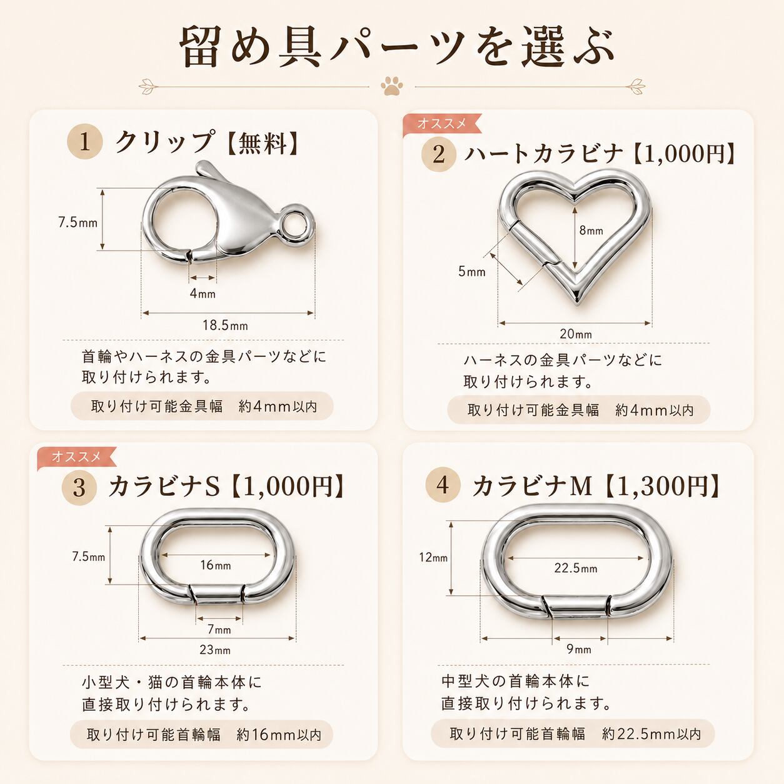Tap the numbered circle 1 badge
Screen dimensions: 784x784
coord(84,142)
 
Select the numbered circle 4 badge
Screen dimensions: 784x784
coord(443,485)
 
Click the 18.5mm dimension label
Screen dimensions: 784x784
coord(226,326)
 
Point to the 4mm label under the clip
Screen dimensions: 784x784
coord(203,293)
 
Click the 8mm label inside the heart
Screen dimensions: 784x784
coord(591,231)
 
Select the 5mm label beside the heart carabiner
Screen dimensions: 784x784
coord(472,271)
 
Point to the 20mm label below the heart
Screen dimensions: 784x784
coord(576,334)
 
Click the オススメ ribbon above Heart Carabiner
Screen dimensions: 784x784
coord(442,124)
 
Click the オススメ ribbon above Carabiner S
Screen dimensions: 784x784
coord(76,457)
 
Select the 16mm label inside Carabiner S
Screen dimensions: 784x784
coord(215,565)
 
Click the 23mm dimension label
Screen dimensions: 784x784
coord(215,650)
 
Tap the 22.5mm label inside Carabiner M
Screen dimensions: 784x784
coord(576,568)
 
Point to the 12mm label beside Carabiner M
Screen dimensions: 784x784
coord(433,557)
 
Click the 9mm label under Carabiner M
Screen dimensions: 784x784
coord(580,649)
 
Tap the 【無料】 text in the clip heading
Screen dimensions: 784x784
coord(263,143)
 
